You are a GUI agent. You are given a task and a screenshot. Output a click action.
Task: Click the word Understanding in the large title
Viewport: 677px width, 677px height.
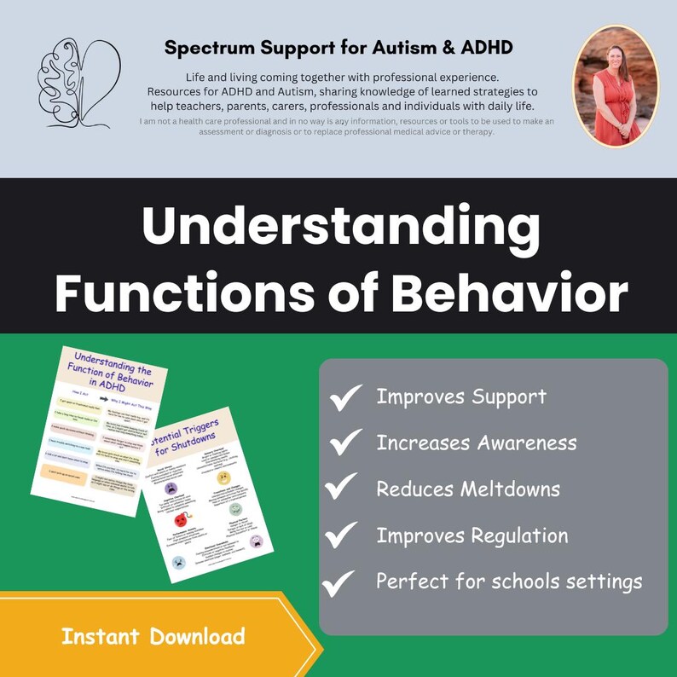[340, 228]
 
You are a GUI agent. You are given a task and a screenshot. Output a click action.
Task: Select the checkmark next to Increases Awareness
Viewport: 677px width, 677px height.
[346, 443]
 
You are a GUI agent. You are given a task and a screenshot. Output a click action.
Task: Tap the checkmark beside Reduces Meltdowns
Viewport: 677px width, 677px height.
[341, 488]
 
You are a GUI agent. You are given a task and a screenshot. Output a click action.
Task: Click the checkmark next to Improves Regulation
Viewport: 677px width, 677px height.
[341, 535]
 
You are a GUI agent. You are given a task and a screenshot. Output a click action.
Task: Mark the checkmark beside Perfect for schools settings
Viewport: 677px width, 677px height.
[339, 582]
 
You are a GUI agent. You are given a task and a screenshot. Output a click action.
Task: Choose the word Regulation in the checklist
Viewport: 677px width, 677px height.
[520, 535]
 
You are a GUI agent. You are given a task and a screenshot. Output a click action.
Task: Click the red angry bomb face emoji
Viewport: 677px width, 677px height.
[180, 519]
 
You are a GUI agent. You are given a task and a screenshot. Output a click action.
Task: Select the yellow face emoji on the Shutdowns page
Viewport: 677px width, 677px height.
[224, 476]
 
